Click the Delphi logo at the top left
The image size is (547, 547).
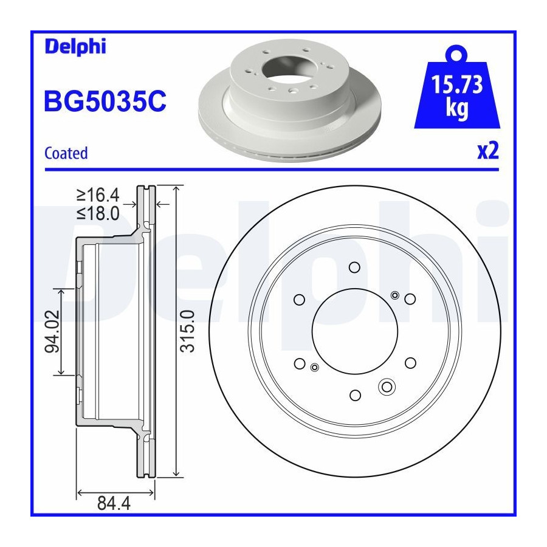coord(75,46)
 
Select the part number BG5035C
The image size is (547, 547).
coord(105,101)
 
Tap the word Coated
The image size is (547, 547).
coord(66,153)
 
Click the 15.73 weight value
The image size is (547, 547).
coord(457,84)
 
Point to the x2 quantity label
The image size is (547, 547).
coord(488,151)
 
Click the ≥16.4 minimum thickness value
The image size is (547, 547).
coord(98,195)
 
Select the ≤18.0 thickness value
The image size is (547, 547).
coord(98,213)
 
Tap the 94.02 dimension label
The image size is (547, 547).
coord(52,331)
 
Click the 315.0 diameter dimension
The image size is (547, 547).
coord(187,331)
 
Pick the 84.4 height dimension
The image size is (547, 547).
coord(114,503)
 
